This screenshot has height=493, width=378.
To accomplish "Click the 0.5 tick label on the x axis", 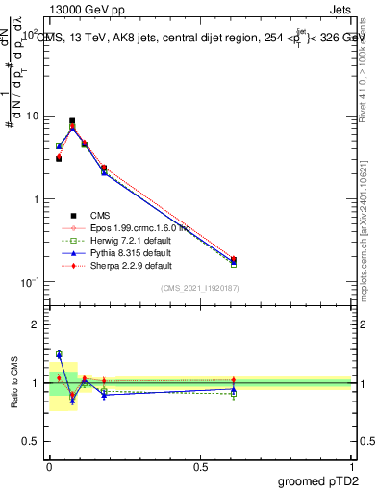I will (201, 466).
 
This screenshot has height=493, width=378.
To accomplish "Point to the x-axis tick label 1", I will (352, 466).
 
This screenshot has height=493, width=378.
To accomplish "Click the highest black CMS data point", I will (72, 121).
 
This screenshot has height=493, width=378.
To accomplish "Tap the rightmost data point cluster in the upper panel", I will (234, 260).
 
